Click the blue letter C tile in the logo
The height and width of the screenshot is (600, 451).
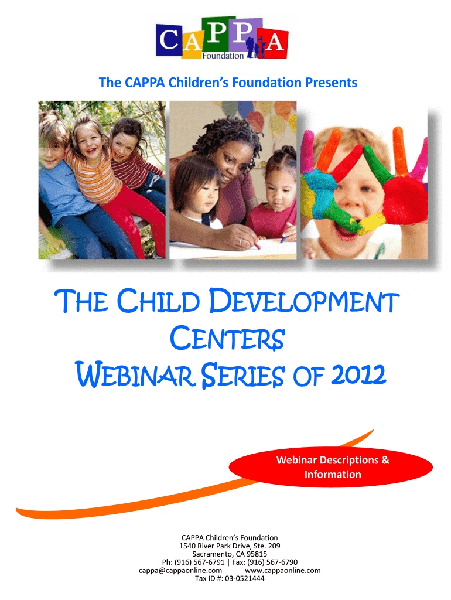click(x=169, y=39)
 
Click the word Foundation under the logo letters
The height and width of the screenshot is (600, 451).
click(x=223, y=56)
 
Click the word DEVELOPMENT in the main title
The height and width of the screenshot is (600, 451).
click(x=304, y=301)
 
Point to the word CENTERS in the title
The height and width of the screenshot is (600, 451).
click(x=227, y=338)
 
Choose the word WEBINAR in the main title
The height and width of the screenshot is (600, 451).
click(x=134, y=374)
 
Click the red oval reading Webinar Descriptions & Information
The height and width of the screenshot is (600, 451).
click(x=331, y=467)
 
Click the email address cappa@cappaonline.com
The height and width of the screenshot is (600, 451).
click(x=180, y=571)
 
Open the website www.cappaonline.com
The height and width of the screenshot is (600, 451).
click(x=283, y=571)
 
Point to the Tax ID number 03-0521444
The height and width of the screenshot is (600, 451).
click(x=244, y=578)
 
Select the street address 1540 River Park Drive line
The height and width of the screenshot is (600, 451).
click(x=230, y=546)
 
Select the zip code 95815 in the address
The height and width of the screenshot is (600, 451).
click(x=257, y=554)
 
